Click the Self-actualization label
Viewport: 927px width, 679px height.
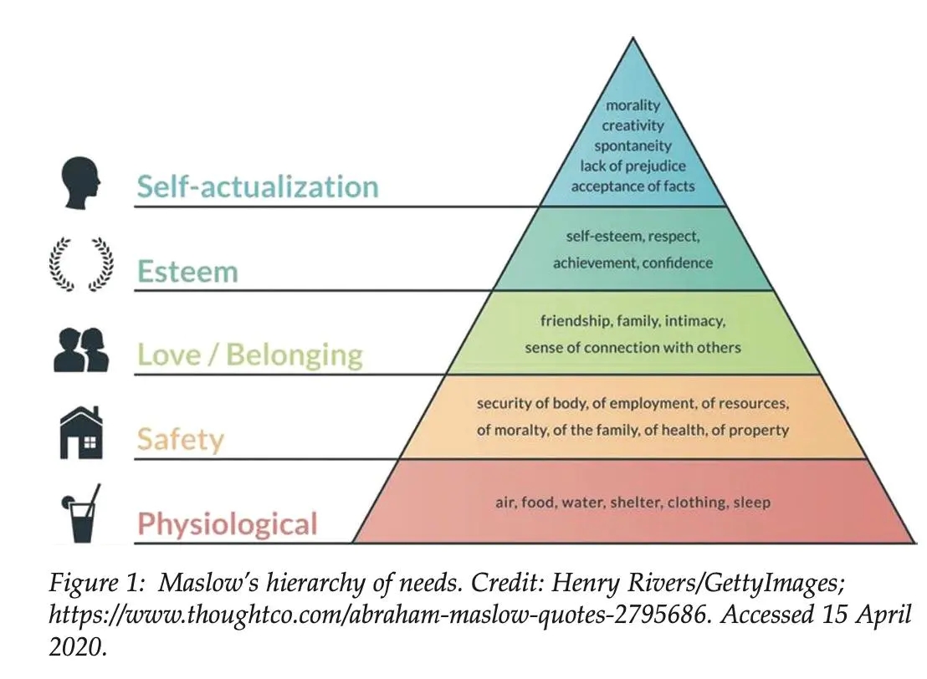point(258,186)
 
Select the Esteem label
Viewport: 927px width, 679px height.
point(187,272)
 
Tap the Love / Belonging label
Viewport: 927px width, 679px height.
point(250,355)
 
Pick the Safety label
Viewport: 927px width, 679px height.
point(181,440)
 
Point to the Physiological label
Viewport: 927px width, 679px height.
point(228,524)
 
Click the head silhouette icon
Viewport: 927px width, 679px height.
point(80,182)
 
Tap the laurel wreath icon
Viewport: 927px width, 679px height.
point(81,265)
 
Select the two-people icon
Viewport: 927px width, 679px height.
point(81,350)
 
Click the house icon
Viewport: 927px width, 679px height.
point(81,432)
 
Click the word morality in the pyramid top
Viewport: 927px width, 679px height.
point(633,105)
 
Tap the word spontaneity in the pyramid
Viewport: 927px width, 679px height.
point(633,146)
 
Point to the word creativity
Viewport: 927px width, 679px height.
point(633,126)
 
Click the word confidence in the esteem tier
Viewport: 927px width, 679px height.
point(678,263)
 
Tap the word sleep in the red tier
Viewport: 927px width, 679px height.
point(752,503)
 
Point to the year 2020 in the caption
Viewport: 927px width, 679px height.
point(78,647)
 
